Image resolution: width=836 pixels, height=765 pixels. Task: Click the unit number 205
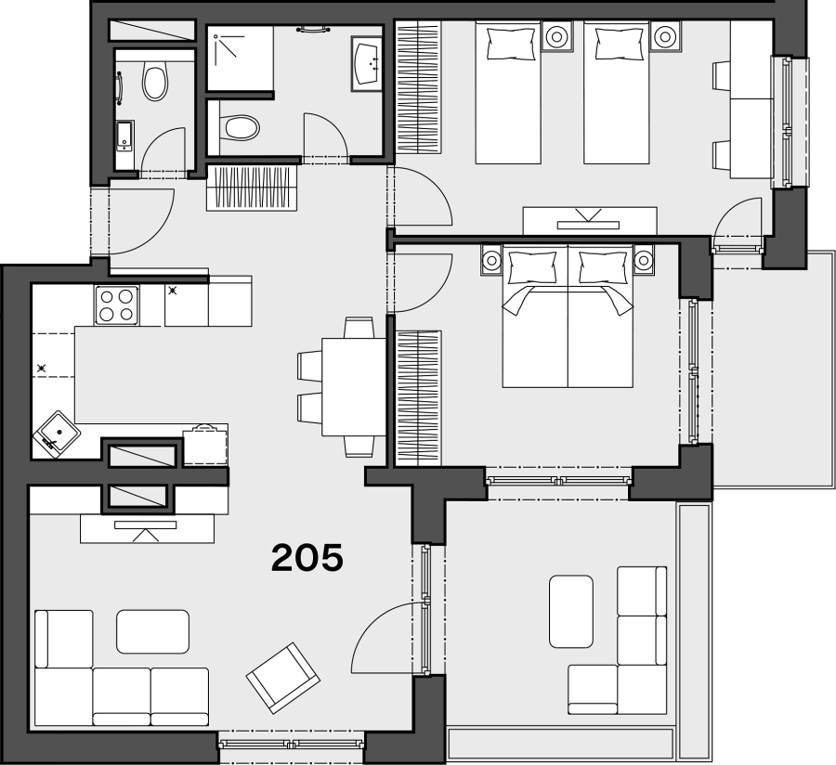tap(307, 558)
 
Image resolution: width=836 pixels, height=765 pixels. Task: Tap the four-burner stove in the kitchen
tap(117, 305)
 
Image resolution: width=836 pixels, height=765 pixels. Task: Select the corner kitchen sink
tap(57, 434)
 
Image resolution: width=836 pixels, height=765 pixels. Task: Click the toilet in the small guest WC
tap(154, 82)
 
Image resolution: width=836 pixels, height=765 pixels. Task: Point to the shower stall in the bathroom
tap(240, 58)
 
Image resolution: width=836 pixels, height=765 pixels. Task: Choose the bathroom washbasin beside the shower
tap(366, 63)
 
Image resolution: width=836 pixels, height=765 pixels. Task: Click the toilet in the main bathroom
tap(239, 128)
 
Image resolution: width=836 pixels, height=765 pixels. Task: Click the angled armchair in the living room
tap(283, 678)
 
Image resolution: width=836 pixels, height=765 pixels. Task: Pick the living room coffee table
tap(153, 631)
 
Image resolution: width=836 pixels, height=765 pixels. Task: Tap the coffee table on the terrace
tap(571, 611)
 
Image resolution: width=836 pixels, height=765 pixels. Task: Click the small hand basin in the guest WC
tap(124, 136)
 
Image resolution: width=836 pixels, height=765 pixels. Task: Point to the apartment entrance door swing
tap(142, 221)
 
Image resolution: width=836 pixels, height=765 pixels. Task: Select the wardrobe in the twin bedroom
tap(419, 87)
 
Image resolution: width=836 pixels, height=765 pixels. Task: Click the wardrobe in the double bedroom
tap(419, 398)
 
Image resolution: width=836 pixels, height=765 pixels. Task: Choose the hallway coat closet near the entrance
tap(252, 188)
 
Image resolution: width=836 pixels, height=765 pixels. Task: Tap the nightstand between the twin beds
tap(556, 37)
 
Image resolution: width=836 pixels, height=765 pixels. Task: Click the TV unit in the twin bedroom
tap(590, 221)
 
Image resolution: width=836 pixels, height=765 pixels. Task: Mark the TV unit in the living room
tap(147, 528)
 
